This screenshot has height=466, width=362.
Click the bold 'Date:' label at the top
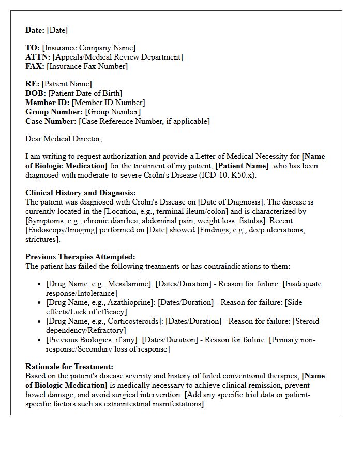click(x=35, y=30)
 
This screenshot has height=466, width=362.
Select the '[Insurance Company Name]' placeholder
click(x=89, y=48)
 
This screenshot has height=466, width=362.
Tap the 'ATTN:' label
click(x=38, y=57)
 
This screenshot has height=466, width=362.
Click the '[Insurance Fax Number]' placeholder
click(x=87, y=66)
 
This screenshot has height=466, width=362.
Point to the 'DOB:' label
click(x=36, y=93)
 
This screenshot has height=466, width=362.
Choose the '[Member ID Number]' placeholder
click(x=108, y=103)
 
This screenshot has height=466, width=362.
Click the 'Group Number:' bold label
click(x=54, y=112)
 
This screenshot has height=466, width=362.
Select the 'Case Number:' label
click(x=51, y=121)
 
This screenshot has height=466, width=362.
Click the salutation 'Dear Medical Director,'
click(x=64, y=139)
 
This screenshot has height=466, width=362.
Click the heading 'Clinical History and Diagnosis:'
click(x=80, y=193)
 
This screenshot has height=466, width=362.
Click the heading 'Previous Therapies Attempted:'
click(x=80, y=257)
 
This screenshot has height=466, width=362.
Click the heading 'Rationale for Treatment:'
click(x=70, y=367)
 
